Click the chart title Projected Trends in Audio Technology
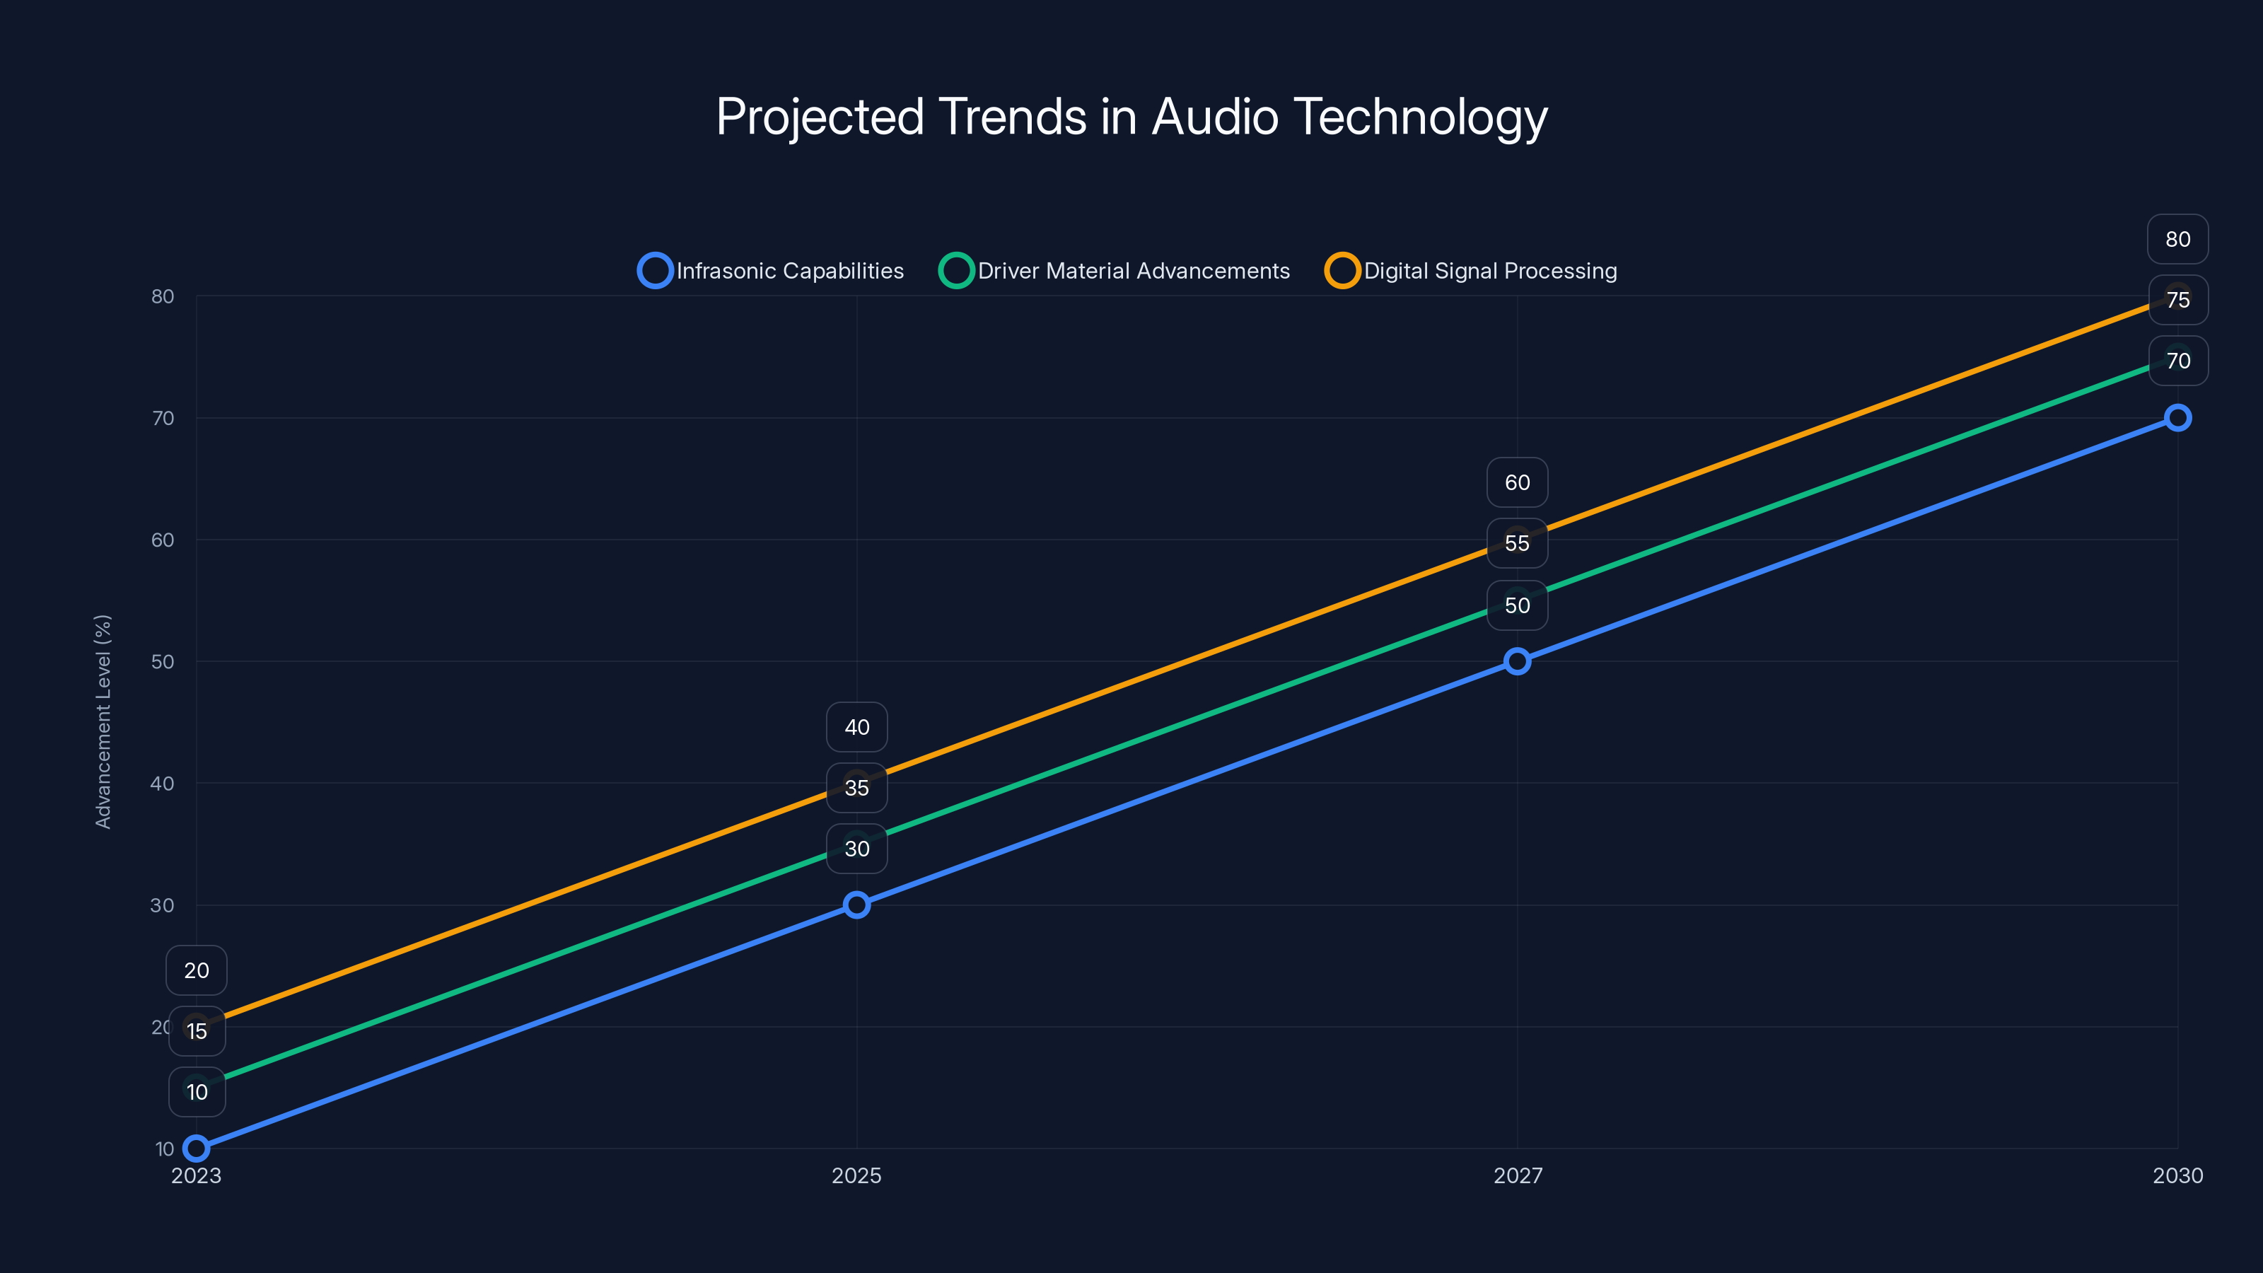(1131, 117)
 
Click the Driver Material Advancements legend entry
(1114, 271)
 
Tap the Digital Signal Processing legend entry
(1472, 271)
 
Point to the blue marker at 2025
(856, 905)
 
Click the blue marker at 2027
(1517, 661)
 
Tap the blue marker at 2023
(197, 1149)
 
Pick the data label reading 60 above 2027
(1517, 482)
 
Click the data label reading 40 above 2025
(856, 728)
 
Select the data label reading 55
(1517, 543)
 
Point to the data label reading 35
(856, 788)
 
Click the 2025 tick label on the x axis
(856, 1175)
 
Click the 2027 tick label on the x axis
(1517, 1175)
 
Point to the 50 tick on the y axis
(163, 661)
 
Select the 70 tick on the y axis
(163, 418)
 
